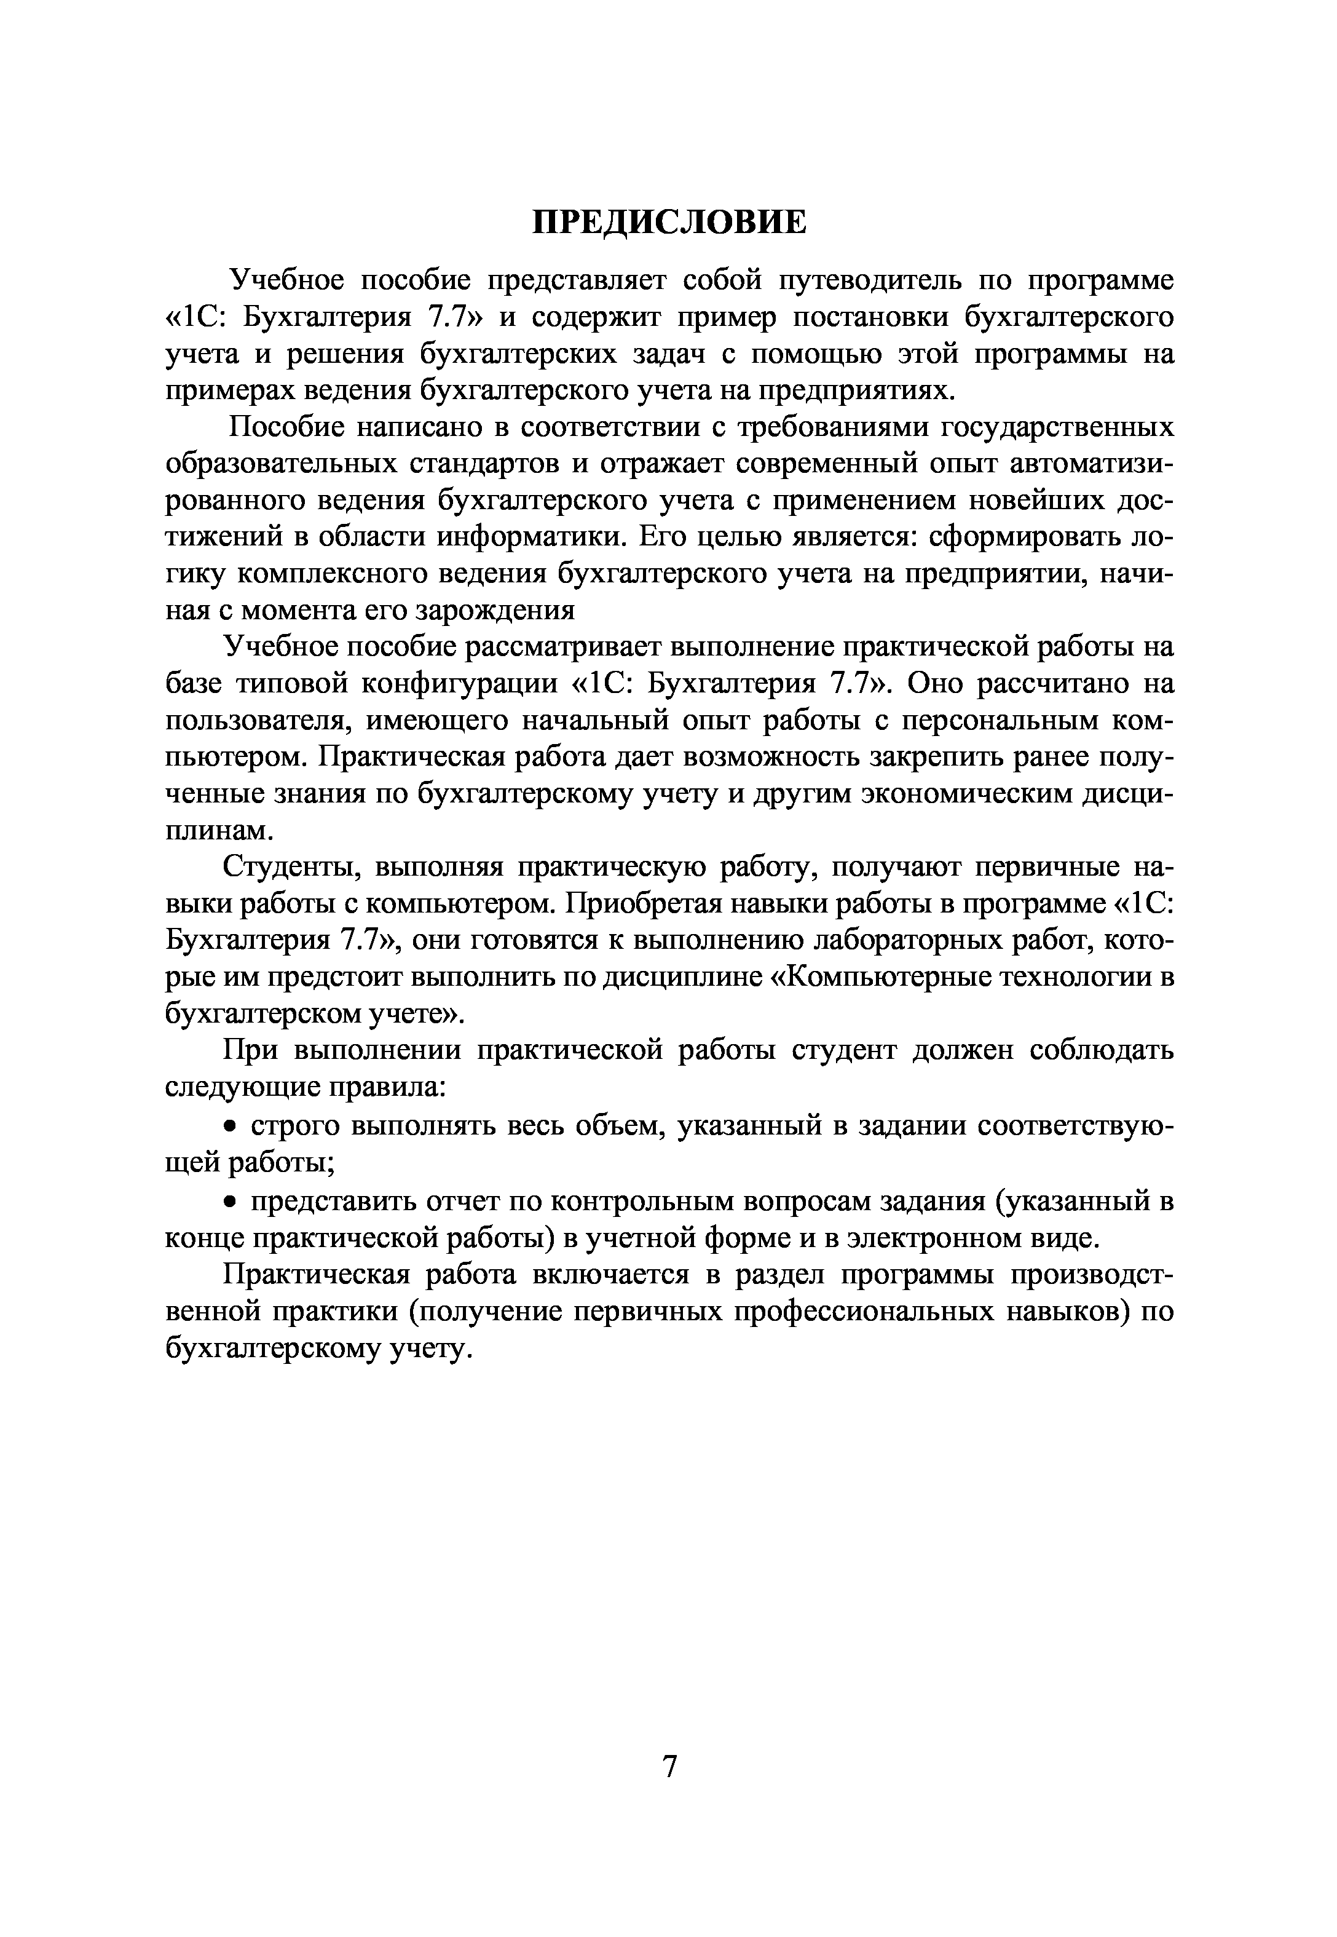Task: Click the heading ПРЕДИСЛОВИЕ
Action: (x=669, y=223)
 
